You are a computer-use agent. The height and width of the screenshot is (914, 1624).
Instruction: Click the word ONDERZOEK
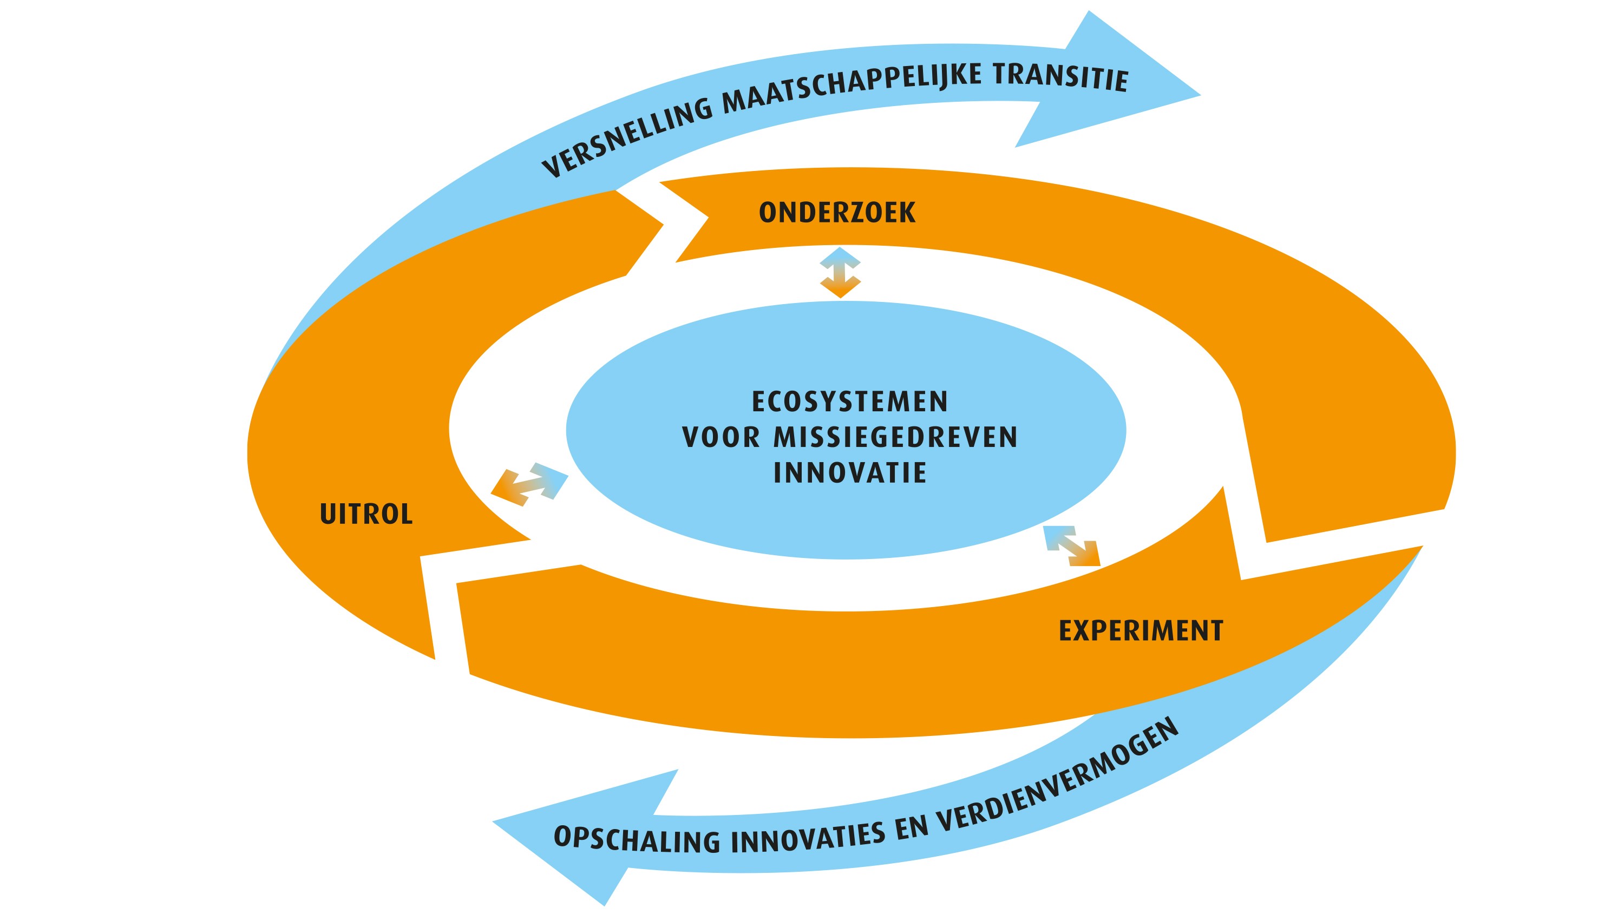(x=836, y=213)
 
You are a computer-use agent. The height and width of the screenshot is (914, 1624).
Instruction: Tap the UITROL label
(x=366, y=514)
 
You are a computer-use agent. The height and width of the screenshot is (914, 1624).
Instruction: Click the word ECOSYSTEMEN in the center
(x=850, y=402)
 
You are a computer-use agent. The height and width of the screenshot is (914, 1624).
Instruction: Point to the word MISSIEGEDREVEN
(x=895, y=437)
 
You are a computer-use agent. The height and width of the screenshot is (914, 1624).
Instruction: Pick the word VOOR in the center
(x=721, y=437)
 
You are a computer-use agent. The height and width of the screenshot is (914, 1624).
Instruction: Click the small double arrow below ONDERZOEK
(x=840, y=272)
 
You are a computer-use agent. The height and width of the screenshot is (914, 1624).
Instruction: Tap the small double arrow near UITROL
(x=529, y=484)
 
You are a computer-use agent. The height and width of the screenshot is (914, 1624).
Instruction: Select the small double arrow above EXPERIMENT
(x=1072, y=546)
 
